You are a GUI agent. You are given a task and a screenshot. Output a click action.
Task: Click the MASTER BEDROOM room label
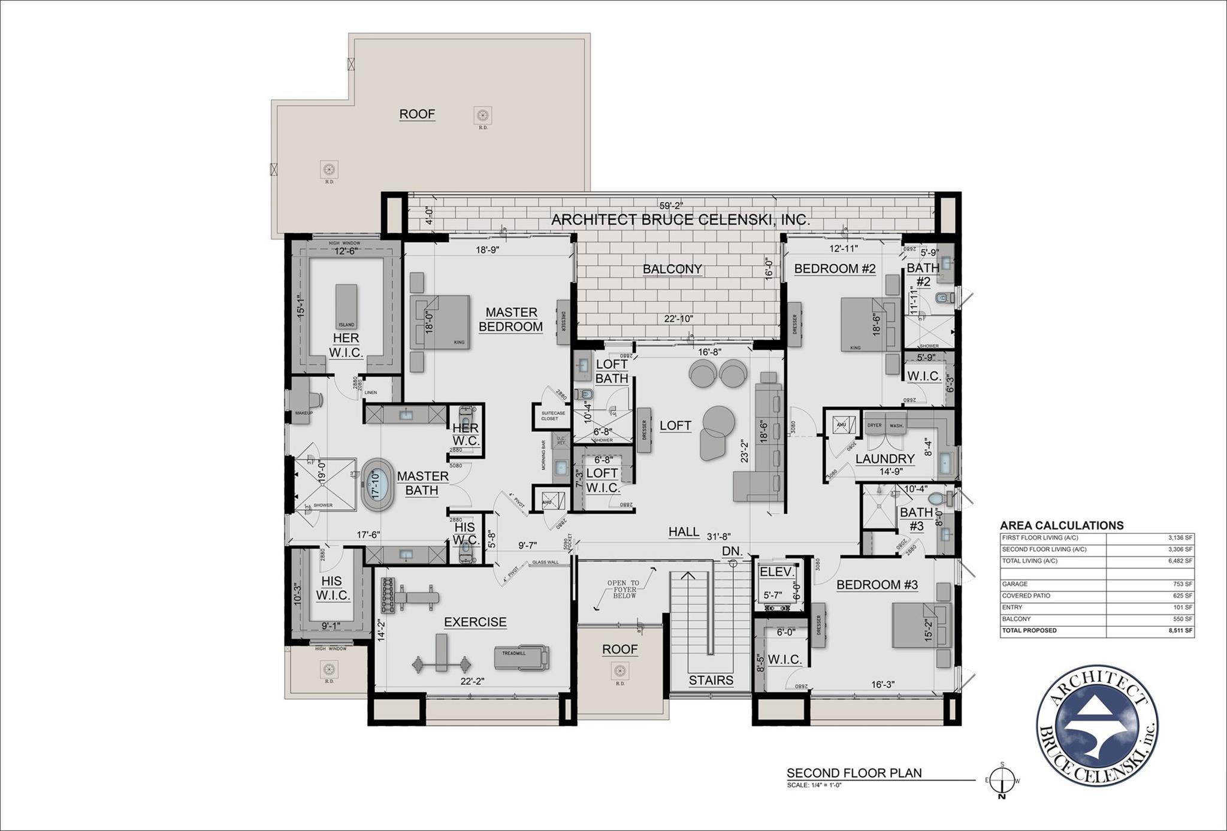click(x=511, y=319)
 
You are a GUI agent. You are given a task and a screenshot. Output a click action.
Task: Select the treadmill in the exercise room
click(x=520, y=656)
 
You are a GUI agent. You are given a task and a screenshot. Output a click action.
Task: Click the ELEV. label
click(x=776, y=572)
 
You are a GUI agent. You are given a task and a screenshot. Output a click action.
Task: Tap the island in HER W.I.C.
click(x=346, y=306)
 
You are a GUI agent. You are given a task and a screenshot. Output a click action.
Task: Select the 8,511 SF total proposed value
click(x=1180, y=631)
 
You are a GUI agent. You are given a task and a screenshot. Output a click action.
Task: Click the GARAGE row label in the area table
click(x=1015, y=584)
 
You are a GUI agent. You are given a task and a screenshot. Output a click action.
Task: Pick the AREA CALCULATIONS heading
click(x=1062, y=525)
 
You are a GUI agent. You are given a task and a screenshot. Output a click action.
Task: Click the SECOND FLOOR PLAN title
click(x=854, y=773)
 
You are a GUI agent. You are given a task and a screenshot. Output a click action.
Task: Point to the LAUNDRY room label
click(x=885, y=459)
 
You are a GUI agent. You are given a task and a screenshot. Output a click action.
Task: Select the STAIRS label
click(x=711, y=680)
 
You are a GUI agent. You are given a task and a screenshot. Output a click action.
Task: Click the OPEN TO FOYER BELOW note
click(x=623, y=589)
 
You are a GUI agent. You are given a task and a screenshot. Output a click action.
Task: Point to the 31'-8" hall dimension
click(x=718, y=537)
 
